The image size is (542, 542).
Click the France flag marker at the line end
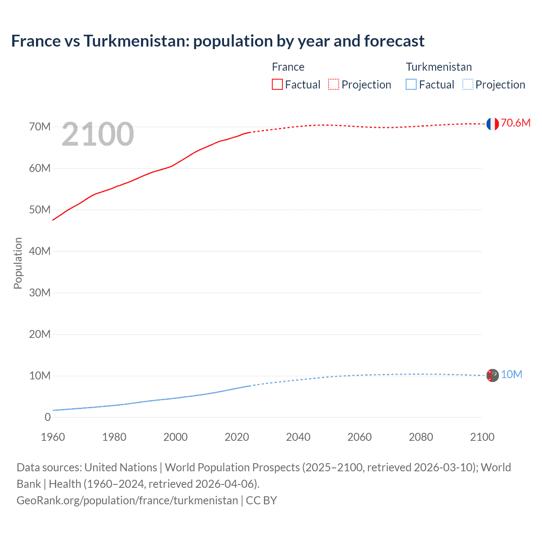pos(492,124)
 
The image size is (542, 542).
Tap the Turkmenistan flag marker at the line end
pos(492,375)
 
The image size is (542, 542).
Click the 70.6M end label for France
pos(515,123)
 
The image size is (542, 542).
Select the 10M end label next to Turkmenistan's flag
pos(511,374)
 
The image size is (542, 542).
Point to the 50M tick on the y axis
pos(40,210)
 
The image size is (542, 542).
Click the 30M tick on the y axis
pos(40,293)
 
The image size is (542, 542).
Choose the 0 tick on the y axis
pos(47,417)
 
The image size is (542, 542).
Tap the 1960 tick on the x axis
pos(53,437)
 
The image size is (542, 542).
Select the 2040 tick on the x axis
pos(298,437)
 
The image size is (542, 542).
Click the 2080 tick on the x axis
pos(421,437)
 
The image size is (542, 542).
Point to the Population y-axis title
pos(18,263)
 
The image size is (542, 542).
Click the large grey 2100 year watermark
pos(98,134)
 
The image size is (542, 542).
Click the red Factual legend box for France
pos(277,84)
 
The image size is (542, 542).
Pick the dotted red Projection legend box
pos(334,84)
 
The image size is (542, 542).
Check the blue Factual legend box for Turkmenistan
pos(411,84)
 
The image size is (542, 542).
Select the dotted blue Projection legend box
pos(468,84)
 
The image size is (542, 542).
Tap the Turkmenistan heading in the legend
pos(439,67)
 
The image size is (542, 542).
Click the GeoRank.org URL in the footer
pos(127,500)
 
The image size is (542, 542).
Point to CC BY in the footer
pos(261,500)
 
